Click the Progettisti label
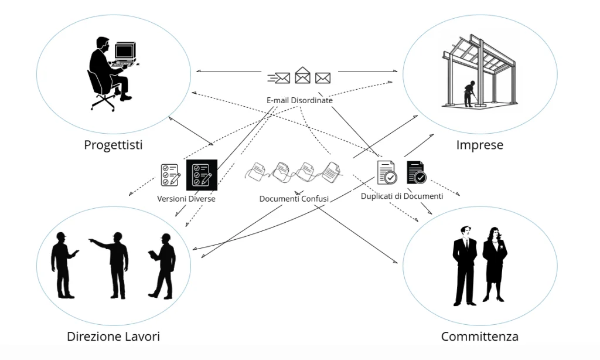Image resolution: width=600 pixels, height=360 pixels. (113, 145)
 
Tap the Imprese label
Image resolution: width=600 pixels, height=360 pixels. (479, 145)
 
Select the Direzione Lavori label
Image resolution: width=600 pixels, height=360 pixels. (113, 337)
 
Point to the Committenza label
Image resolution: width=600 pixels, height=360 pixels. (479, 337)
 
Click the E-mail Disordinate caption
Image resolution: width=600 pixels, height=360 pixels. (299, 100)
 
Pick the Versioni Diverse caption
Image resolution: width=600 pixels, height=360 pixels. (186, 199)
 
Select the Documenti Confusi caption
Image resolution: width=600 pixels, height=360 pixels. (294, 199)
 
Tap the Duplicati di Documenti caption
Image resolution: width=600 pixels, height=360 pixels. (402, 196)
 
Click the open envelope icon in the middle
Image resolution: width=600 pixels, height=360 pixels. (302, 76)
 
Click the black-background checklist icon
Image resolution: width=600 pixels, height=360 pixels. (202, 175)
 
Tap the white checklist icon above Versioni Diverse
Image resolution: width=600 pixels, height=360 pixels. (170, 175)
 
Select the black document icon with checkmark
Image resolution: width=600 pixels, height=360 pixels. (416, 172)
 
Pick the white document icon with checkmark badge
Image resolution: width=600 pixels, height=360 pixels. (387, 172)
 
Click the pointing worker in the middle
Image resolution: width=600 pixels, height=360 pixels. (115, 264)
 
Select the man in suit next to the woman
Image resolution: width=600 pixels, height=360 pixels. (464, 264)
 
